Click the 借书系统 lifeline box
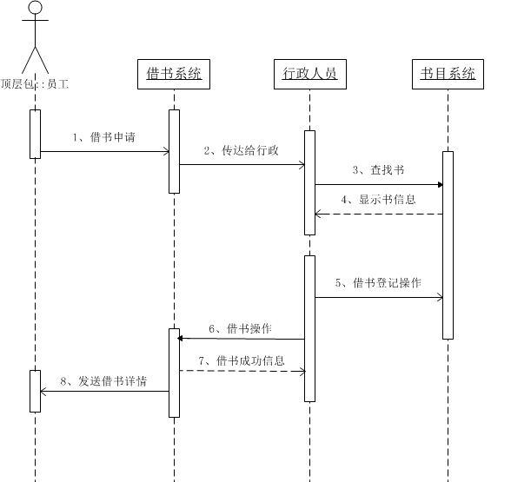tap(174, 74)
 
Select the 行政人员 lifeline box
tap(310, 74)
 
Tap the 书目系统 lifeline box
tap(448, 74)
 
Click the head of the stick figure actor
tap(35, 7)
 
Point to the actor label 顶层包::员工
tap(35, 84)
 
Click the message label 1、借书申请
tap(103, 137)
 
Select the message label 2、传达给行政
tap(242, 150)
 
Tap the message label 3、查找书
tap(378, 169)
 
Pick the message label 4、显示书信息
tap(378, 200)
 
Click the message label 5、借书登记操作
tap(378, 283)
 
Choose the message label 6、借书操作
tap(240, 328)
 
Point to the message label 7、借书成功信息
tap(242, 361)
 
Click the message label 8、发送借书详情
tap(103, 381)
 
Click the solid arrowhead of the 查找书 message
tap(441, 185)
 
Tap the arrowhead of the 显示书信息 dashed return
tap(318, 214)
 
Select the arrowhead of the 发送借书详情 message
tap(43, 391)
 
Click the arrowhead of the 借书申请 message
tap(166, 151)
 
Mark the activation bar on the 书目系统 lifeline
tap(448, 245)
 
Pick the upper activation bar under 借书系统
tap(174, 151)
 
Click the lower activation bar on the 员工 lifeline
tap(35, 391)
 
